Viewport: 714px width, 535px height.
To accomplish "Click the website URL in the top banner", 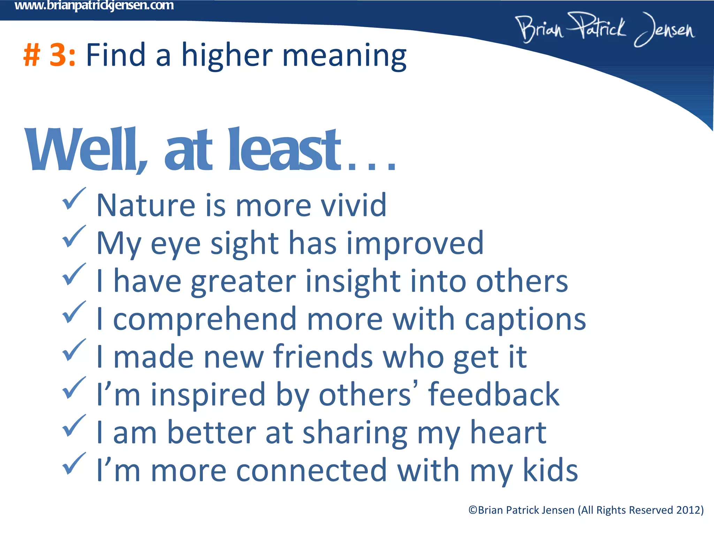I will pyautogui.click(x=94, y=6).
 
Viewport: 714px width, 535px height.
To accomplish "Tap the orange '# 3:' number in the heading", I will pyautogui.click(x=50, y=55).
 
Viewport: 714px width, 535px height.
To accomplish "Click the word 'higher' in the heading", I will pyautogui.click(x=227, y=56).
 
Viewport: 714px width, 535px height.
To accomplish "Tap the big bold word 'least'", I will pyautogui.click(x=284, y=150).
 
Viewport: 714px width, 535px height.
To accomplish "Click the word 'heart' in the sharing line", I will pyautogui.click(x=508, y=432).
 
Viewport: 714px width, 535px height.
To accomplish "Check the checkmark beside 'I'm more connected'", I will pyautogui.click(x=74, y=464).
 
